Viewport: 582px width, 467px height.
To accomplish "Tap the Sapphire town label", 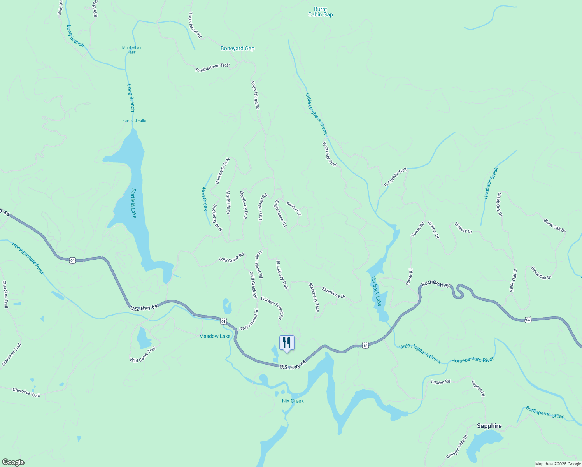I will tap(489, 426).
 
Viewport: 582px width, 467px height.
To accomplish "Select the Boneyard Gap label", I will tap(237, 49).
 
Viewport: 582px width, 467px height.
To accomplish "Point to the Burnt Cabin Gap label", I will tap(321, 12).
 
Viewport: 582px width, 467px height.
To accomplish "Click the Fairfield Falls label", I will tap(134, 121).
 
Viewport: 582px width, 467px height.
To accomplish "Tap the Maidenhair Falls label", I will tap(132, 50).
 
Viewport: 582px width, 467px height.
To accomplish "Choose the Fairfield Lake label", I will tap(133, 203).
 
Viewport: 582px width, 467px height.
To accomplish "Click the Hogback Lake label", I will tap(376, 290).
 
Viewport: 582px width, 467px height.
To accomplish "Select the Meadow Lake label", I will tap(215, 336).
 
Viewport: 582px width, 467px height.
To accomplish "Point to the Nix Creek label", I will tap(293, 401).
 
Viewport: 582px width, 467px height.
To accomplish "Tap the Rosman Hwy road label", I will tap(436, 284).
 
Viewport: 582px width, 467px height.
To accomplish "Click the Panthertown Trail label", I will tap(212, 68).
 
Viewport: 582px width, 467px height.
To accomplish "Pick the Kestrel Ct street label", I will tap(294, 208).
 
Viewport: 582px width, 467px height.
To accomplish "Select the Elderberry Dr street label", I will tap(333, 293).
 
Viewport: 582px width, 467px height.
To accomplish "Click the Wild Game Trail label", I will tap(143, 354).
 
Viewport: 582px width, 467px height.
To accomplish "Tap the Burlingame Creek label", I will tap(545, 413).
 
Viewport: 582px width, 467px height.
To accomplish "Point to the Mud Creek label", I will tap(204, 198).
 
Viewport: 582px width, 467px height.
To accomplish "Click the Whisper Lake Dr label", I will tap(457, 446).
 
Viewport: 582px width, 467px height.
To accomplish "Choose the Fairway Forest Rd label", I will tap(272, 308).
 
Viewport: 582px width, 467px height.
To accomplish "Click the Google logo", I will tap(13, 462).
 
